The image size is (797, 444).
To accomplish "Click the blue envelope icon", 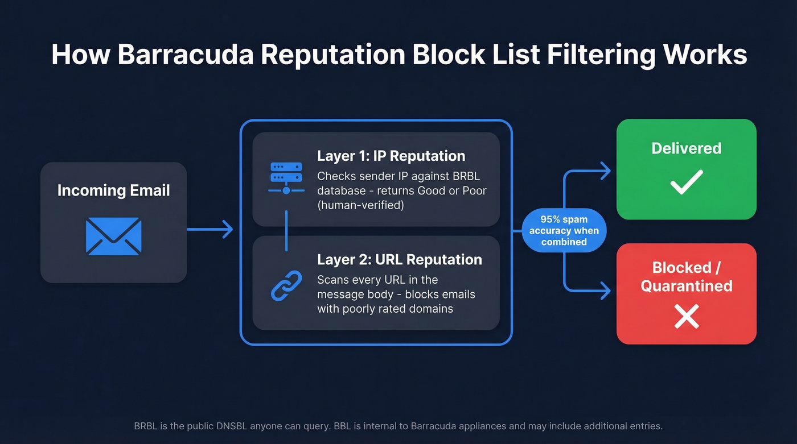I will (x=113, y=236).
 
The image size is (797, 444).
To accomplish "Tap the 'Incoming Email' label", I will (x=113, y=190).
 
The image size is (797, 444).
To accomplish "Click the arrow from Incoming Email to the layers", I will (x=210, y=230).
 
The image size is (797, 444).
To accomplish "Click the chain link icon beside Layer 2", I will (x=286, y=285).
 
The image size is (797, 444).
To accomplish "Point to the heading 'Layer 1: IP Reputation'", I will (x=391, y=156).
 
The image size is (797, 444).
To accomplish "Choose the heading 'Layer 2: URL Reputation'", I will (x=399, y=259).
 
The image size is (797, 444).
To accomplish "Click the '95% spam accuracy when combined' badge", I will (x=564, y=230).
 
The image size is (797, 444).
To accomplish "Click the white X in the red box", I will (x=686, y=316).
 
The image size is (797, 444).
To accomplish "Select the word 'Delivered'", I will (x=686, y=148).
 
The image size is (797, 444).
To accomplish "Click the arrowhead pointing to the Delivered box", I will (x=605, y=170).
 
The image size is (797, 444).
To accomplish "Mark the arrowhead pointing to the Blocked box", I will (x=605, y=292).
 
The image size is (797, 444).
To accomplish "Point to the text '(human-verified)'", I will (x=360, y=205).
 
